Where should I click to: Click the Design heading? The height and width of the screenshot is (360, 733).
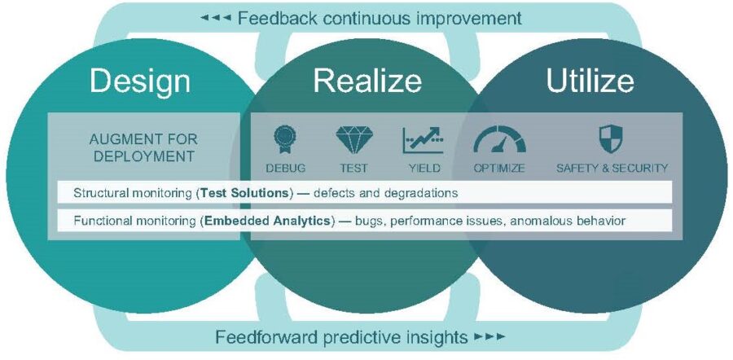pos(140,81)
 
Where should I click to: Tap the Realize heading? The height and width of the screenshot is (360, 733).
pos(367,81)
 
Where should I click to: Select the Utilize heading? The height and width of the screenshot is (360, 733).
pos(590,81)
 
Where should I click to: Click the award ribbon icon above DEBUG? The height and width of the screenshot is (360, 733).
pos(284,139)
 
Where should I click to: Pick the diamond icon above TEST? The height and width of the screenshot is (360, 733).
pos(354,139)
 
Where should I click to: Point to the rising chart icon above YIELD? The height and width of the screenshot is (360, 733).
pos(423,140)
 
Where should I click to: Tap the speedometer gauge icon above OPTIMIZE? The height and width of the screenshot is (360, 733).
pos(499,138)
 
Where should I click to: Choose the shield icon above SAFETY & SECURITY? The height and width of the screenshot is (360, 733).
pos(610,138)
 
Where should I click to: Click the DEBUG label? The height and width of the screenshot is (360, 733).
pos(285,169)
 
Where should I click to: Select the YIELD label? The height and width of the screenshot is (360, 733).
pos(424,169)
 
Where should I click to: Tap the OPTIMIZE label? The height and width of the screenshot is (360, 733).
pos(498,169)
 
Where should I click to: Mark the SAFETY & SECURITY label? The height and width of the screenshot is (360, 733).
pos(612,169)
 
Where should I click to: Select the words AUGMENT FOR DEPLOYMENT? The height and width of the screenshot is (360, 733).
pos(143,147)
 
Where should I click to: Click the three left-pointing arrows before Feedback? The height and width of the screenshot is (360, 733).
pos(216,18)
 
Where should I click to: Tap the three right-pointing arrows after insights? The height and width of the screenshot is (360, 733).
pos(489,336)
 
